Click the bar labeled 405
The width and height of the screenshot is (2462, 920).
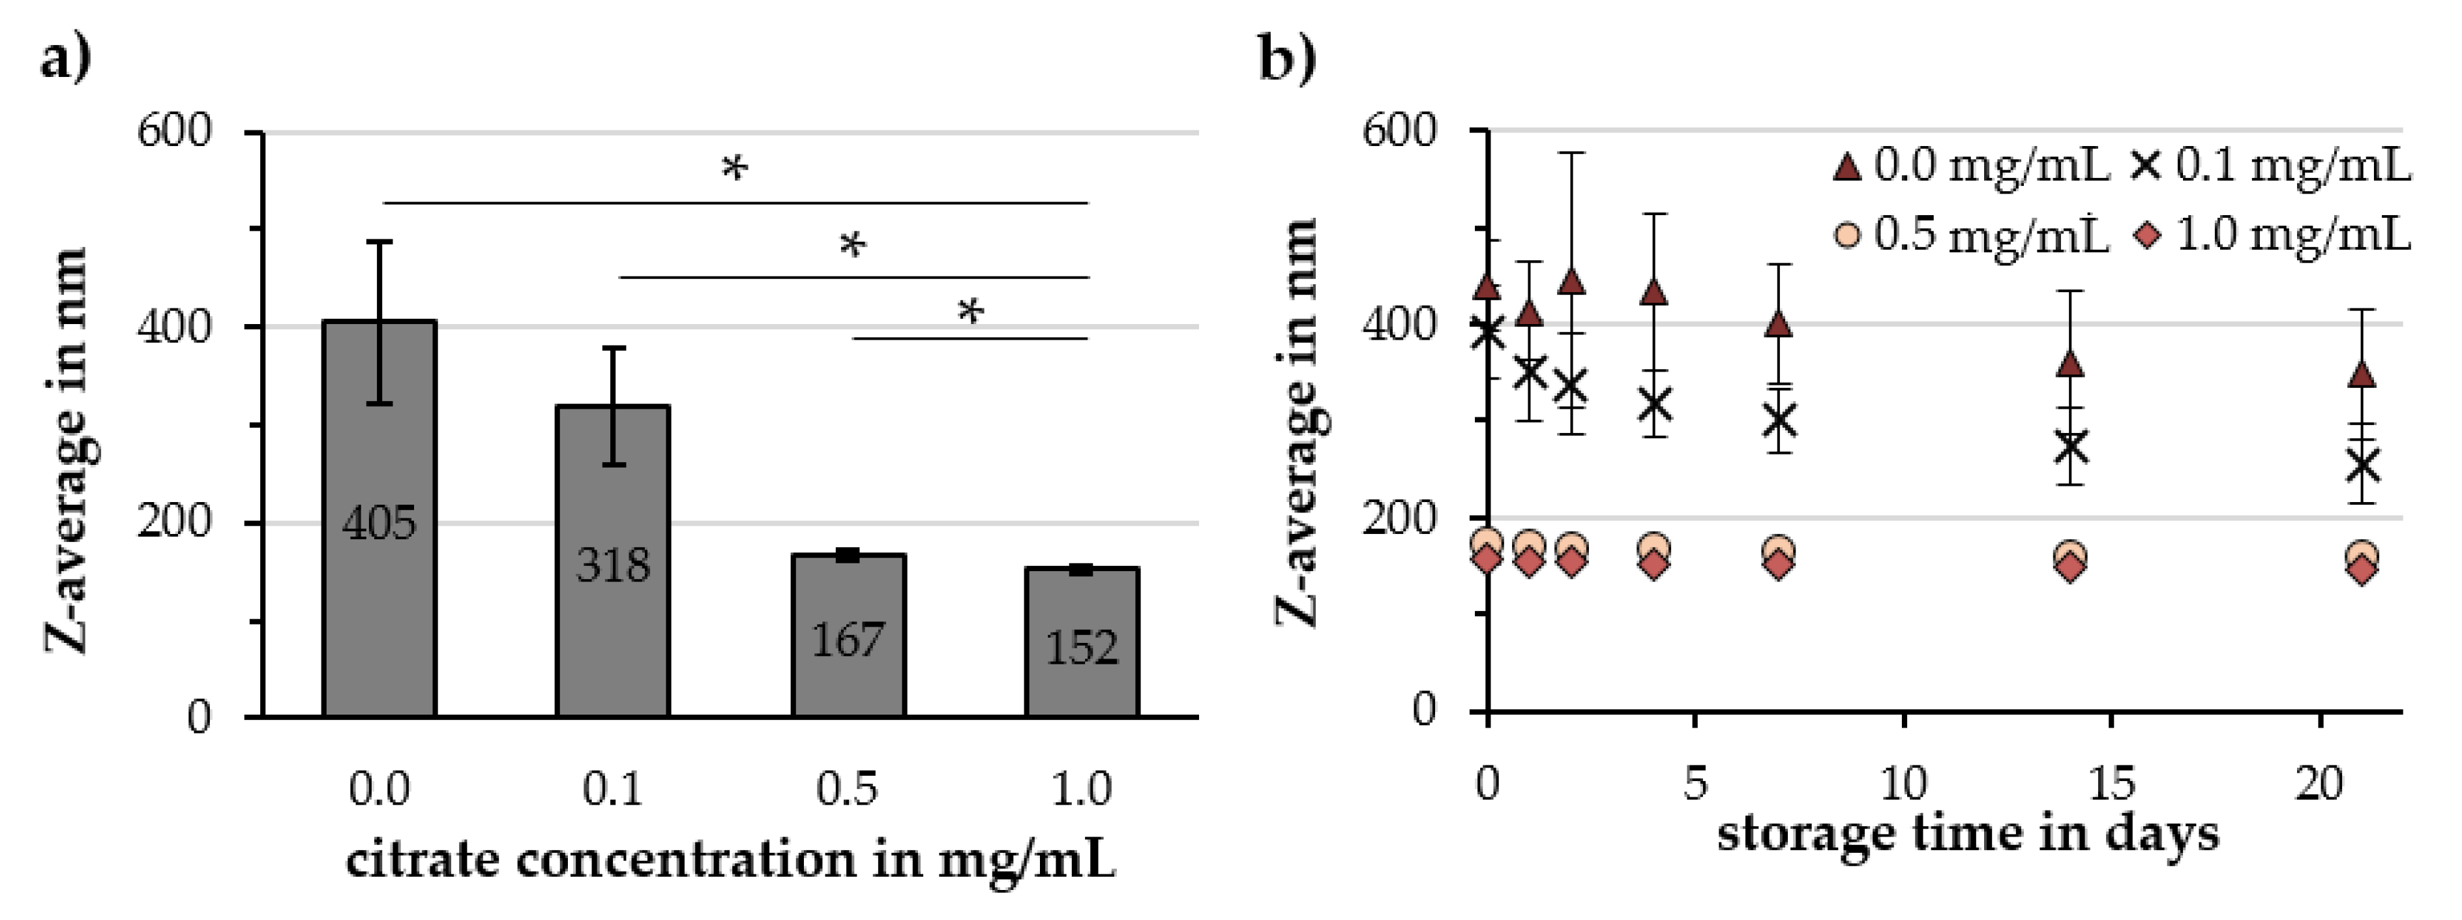point(379,573)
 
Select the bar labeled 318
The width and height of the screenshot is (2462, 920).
point(613,612)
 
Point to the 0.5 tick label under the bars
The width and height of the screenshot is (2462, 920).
point(847,789)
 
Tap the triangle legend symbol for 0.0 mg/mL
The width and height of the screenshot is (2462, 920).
point(1846,168)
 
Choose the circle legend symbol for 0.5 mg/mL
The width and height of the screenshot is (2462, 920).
point(1847,235)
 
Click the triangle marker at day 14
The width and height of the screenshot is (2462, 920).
point(2070,364)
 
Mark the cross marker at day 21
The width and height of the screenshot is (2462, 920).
point(2362,466)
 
